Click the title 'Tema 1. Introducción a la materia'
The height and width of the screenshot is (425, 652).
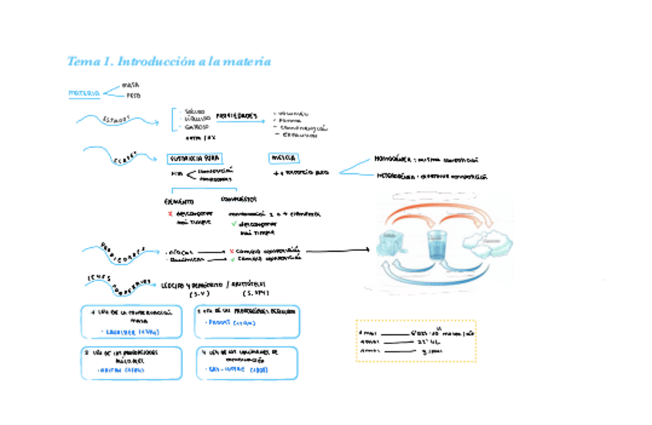(x=169, y=62)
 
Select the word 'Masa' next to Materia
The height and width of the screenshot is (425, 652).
(x=131, y=85)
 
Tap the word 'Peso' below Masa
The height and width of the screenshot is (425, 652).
(x=133, y=96)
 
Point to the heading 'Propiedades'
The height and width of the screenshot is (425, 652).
(x=236, y=115)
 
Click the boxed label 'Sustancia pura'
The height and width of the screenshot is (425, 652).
(x=194, y=158)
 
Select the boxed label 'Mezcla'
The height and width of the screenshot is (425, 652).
(x=278, y=158)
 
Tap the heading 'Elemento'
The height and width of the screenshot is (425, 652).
(x=178, y=200)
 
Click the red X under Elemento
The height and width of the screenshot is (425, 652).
(x=169, y=212)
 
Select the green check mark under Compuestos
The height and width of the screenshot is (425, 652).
(x=232, y=223)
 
